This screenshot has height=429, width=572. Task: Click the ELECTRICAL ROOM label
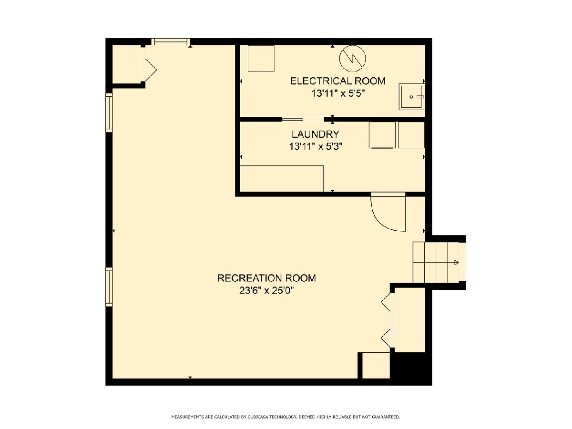(x=338, y=81)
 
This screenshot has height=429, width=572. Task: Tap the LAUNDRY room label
(x=316, y=134)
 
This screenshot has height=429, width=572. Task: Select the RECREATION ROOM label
(x=266, y=278)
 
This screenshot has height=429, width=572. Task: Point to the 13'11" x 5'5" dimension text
(x=338, y=93)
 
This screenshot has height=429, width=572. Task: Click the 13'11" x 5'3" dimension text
(x=316, y=147)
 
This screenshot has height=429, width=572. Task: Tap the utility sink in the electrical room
(x=411, y=97)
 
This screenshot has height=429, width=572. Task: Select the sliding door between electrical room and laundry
(x=303, y=120)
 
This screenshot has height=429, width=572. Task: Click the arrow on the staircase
(x=456, y=262)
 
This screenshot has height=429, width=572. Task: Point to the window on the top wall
(x=171, y=42)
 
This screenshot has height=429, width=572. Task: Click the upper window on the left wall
(x=109, y=112)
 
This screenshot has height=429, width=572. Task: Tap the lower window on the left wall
(x=109, y=287)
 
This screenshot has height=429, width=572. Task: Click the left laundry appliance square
(x=382, y=135)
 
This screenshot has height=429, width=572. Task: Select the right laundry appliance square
(x=411, y=135)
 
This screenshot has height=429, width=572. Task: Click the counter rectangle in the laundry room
(x=282, y=179)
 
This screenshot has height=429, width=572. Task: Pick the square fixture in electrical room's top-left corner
(x=261, y=59)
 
